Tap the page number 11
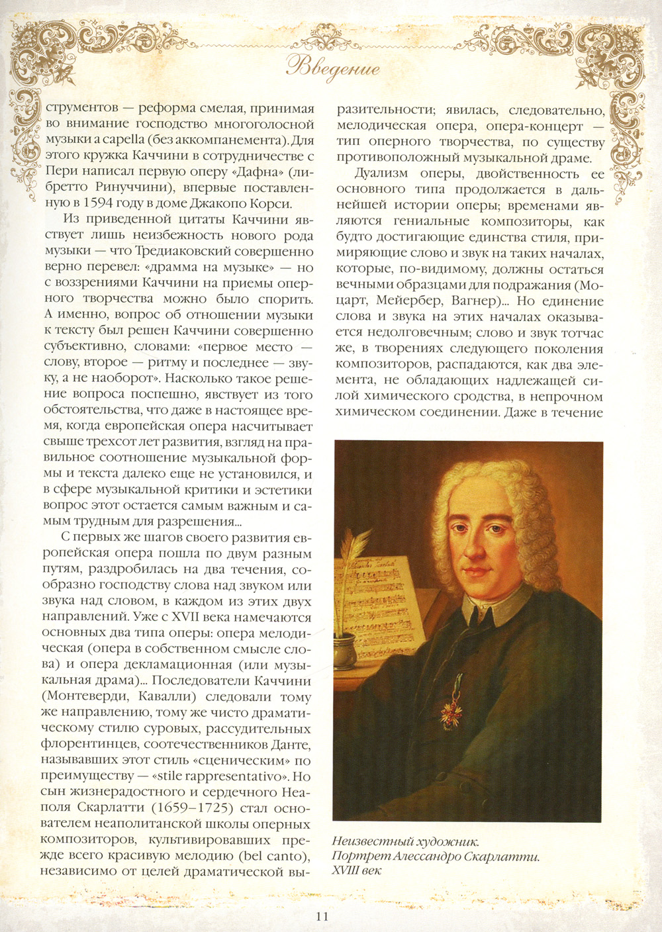point(322,916)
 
